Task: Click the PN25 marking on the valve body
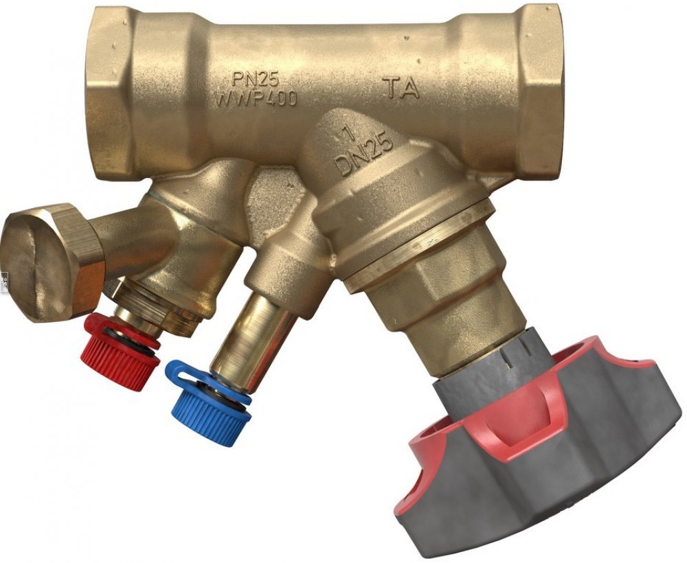(255, 80)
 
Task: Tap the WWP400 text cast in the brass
(256, 98)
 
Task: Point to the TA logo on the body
(401, 87)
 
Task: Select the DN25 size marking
(363, 154)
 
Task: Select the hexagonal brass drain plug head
(54, 263)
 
